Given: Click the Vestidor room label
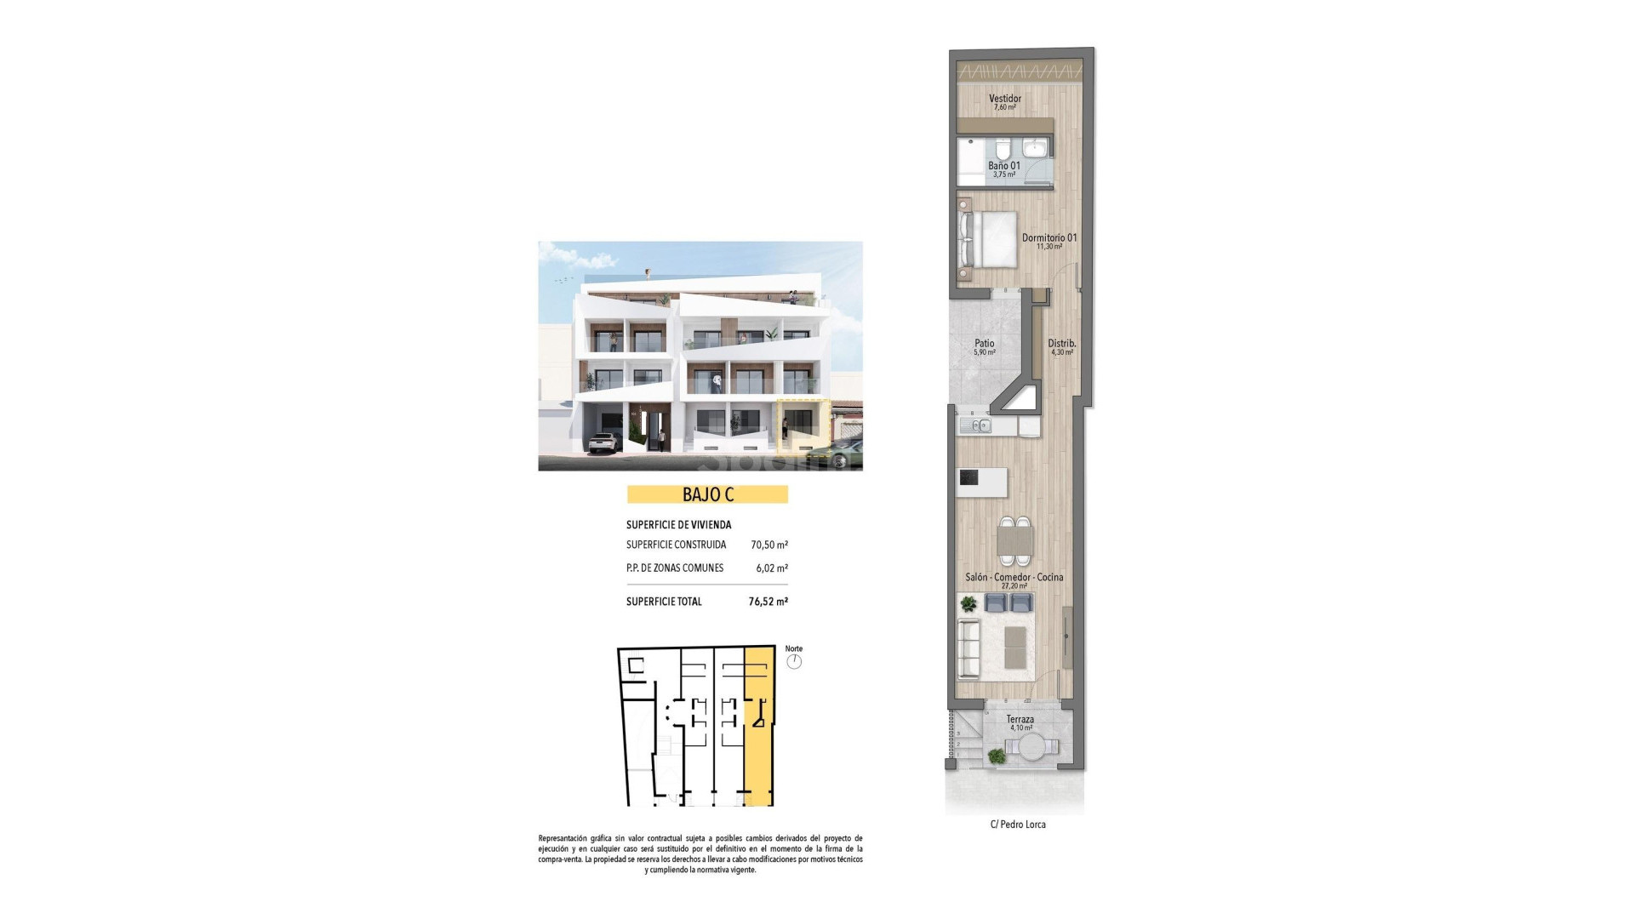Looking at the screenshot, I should [x=1004, y=99].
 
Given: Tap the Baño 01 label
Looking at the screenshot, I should [x=1003, y=166].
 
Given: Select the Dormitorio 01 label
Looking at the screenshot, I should [x=1048, y=237].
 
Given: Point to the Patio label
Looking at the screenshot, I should [x=984, y=344].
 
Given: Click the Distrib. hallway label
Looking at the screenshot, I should [x=1061, y=344].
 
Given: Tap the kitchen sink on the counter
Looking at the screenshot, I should [x=975, y=425].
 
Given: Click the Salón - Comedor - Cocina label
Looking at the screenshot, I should [x=1014, y=577].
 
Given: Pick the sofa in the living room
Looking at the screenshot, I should [x=968, y=648].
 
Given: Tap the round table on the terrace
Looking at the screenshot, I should [x=1032, y=749].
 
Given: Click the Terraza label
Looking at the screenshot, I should [x=1020, y=720].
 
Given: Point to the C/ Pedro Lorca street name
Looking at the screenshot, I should [x=1018, y=825].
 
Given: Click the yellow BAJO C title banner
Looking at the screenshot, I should [x=707, y=494].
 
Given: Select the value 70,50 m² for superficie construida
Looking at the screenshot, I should [x=768, y=545].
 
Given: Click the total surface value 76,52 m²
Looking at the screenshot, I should [x=768, y=602].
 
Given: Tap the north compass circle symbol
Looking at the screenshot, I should [x=794, y=662].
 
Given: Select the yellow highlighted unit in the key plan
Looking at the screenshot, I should [x=758, y=749].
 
